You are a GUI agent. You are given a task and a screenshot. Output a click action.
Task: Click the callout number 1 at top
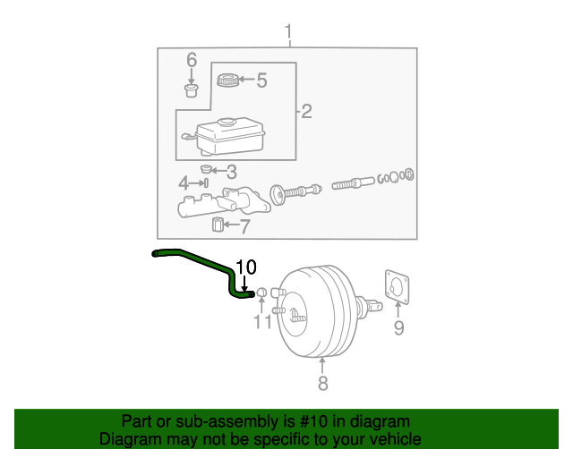(288, 34)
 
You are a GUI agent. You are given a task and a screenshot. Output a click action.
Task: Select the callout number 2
(306, 112)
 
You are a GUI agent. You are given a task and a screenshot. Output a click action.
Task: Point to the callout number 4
(184, 183)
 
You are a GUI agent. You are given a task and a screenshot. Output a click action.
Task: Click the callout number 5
(261, 81)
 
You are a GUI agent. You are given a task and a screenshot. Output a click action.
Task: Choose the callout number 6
(191, 60)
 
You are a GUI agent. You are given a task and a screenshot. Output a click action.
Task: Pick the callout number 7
(244, 226)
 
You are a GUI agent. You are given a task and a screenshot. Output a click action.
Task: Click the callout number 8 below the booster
(322, 384)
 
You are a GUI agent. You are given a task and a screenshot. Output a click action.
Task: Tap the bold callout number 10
(245, 267)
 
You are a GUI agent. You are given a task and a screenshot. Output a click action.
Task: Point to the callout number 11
(261, 322)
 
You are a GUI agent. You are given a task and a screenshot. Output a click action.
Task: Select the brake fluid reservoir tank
(230, 136)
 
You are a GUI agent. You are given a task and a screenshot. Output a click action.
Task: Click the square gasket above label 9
(395, 285)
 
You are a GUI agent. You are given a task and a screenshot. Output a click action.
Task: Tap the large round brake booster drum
(318, 310)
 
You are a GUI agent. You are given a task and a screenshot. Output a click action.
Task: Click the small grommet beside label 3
(206, 169)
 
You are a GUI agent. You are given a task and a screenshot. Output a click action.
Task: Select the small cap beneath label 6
(191, 89)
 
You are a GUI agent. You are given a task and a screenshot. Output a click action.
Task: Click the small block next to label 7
(217, 225)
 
